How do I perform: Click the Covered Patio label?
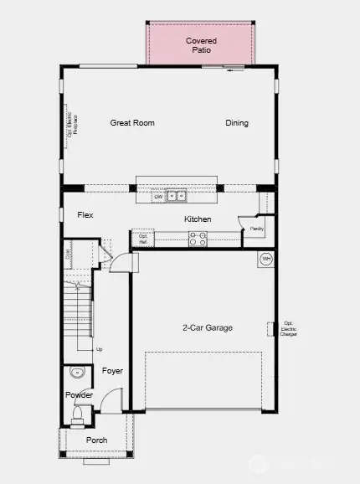pyautogui.click(x=201, y=45)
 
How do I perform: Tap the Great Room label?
pyautogui.click(x=132, y=123)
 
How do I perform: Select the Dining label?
pyautogui.click(x=237, y=123)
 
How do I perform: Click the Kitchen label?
pyautogui.click(x=198, y=219)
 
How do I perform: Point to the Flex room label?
pyautogui.click(x=85, y=215)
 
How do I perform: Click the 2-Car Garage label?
pyautogui.click(x=208, y=327)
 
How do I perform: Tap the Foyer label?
pyautogui.click(x=112, y=370)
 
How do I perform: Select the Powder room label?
pyautogui.click(x=80, y=395)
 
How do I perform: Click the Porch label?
pyautogui.click(x=97, y=440)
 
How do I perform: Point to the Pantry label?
pyautogui.click(x=256, y=228)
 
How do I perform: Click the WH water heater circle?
pyautogui.click(x=265, y=259)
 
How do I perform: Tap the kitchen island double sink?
pyautogui.click(x=176, y=197)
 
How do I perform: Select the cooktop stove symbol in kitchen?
pyautogui.click(x=198, y=239)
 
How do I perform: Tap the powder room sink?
pyautogui.click(x=78, y=374)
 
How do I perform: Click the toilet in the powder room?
pyautogui.click(x=78, y=413)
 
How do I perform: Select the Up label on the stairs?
pyautogui.click(x=100, y=349)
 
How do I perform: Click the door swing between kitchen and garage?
pyautogui.click(x=121, y=263)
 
